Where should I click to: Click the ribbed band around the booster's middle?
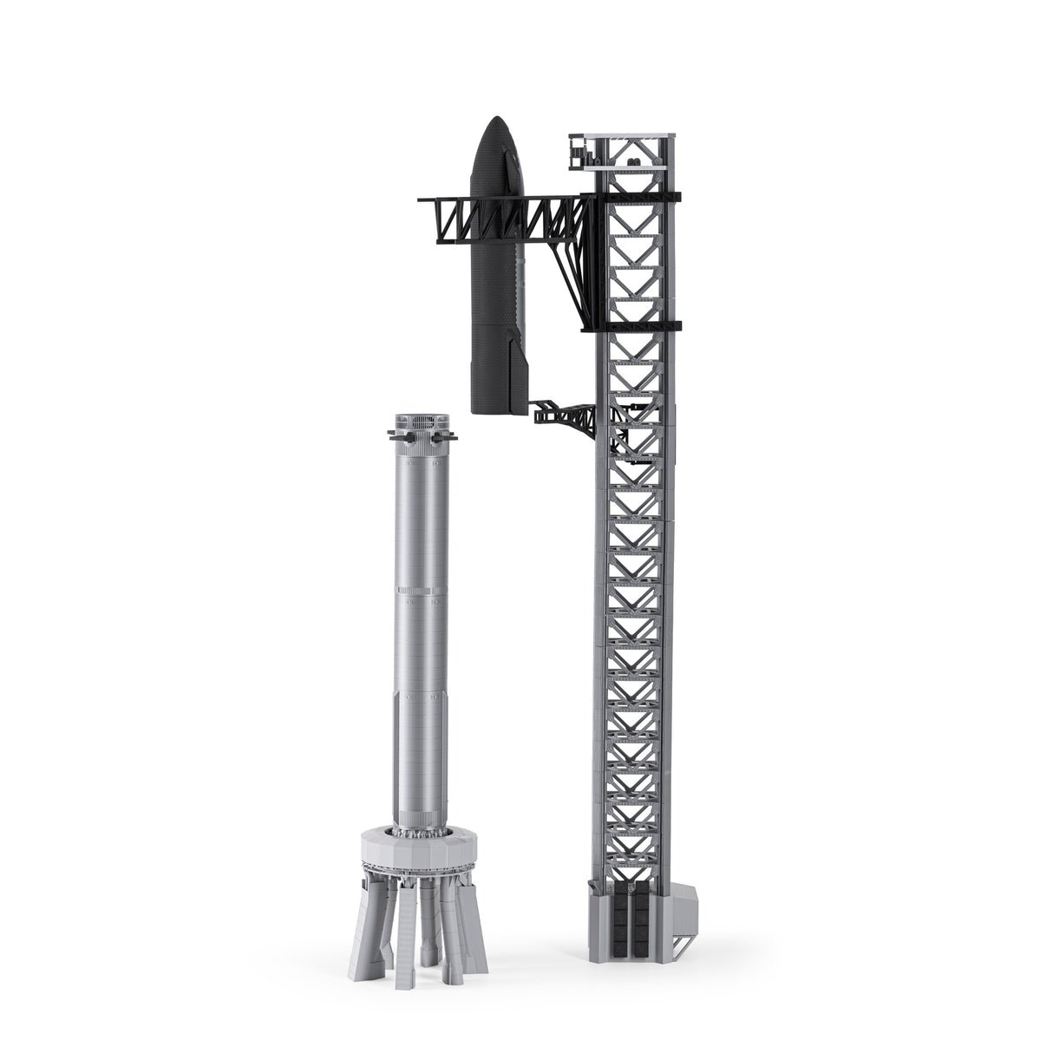(x=424, y=591)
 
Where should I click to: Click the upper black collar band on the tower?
(x=638, y=196)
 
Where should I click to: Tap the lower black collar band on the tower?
(x=638, y=327)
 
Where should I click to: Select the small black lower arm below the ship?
(x=564, y=415)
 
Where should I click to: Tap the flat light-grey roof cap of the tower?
(x=621, y=135)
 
